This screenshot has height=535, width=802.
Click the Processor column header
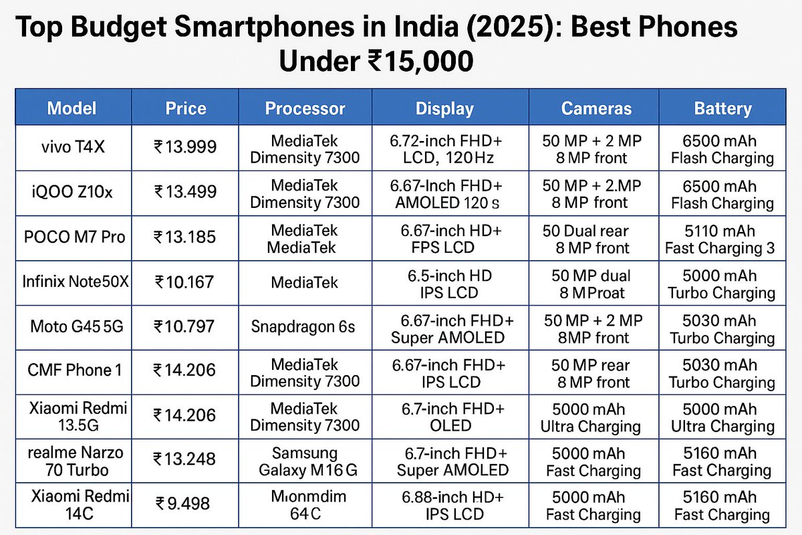pyautogui.click(x=305, y=109)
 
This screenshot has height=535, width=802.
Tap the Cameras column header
pyautogui.click(x=596, y=109)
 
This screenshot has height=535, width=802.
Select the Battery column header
pyautogui.click(x=722, y=109)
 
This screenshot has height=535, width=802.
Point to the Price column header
pyautogui.click(x=185, y=109)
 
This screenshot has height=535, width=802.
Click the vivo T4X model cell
pyautogui.click(x=73, y=147)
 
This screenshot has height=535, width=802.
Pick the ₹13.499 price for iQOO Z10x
pyautogui.click(x=185, y=193)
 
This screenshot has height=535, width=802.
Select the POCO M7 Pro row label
pyautogui.click(x=73, y=237)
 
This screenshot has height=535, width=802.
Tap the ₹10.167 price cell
pyautogui.click(x=185, y=282)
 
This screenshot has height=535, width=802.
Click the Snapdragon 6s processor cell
pyautogui.click(x=303, y=327)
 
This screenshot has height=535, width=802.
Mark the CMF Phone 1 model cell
pyautogui.click(x=73, y=370)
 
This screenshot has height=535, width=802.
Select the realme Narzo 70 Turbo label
pyautogui.click(x=73, y=460)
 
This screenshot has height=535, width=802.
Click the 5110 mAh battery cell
pyautogui.click(x=720, y=239)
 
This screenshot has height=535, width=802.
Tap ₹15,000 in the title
pyautogui.click(x=420, y=62)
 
